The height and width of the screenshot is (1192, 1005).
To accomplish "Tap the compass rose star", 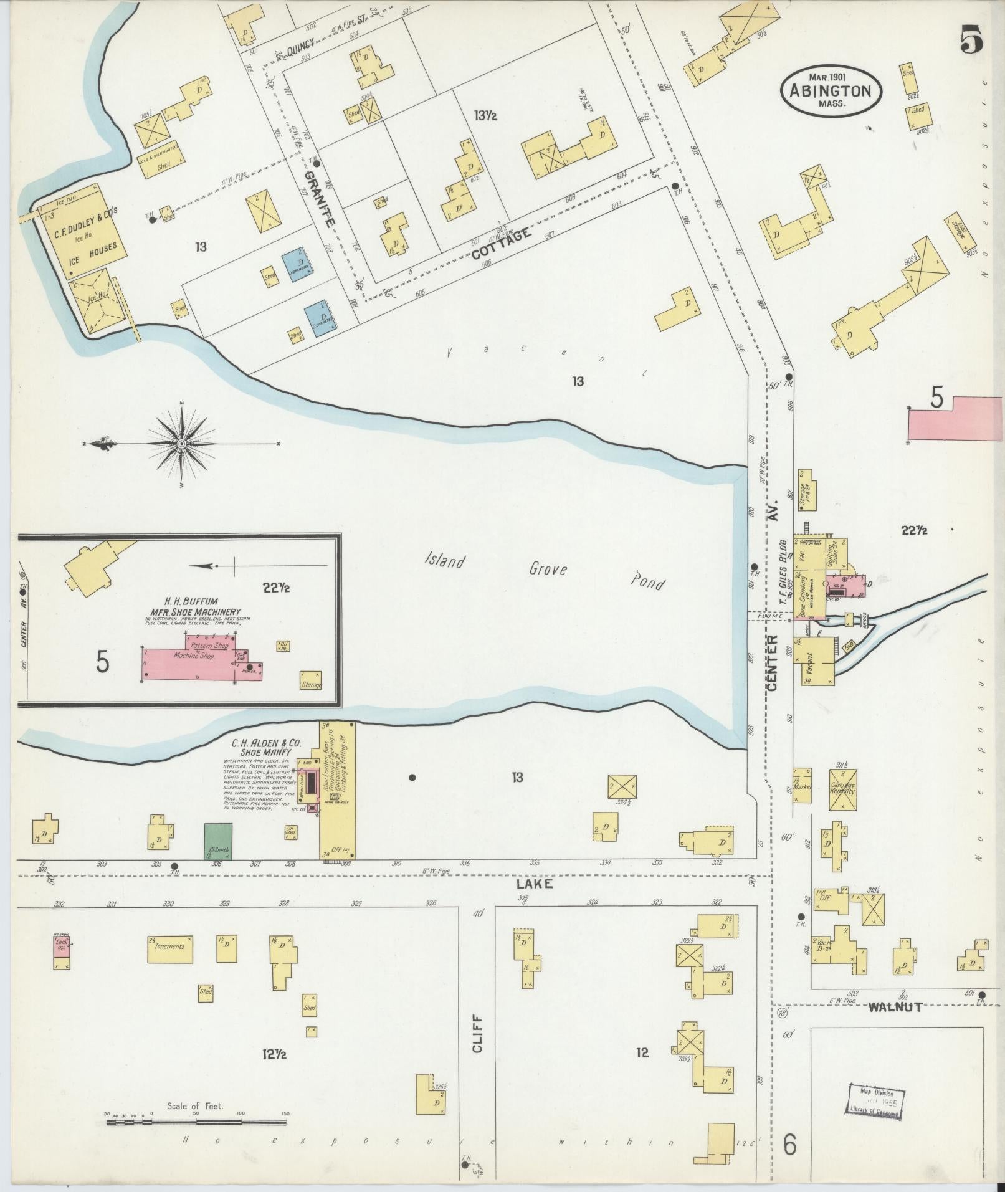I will click(181, 444).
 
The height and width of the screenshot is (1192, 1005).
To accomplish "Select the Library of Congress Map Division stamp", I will click(876, 1101).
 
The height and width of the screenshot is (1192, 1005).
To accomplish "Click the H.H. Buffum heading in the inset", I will click(190, 601).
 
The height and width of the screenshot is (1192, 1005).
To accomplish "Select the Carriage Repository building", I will click(843, 789).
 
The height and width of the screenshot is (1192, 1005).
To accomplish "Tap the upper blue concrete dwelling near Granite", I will click(300, 265).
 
